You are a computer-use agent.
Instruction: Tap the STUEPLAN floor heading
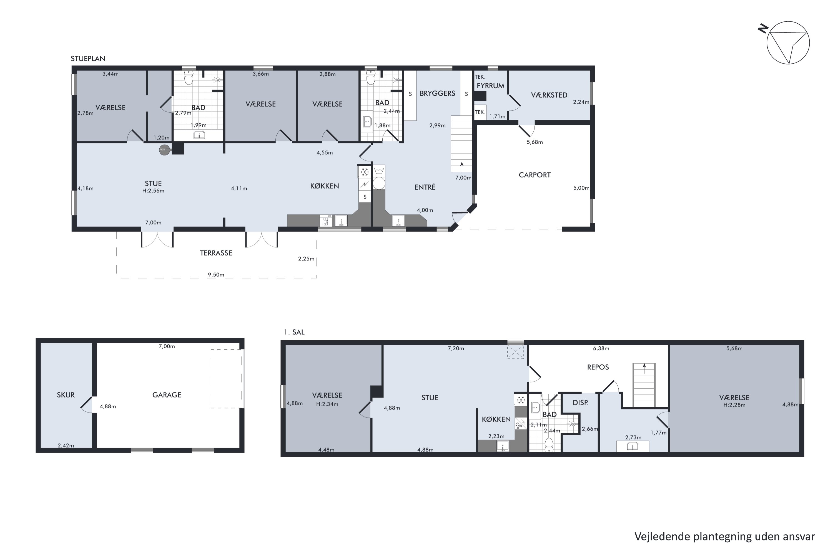pos(88,58)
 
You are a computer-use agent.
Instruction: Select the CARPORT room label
pos(535,175)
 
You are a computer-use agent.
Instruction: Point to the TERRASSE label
pos(216,253)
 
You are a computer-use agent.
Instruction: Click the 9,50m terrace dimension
pos(216,274)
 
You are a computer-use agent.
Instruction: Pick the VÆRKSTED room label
pos(549,95)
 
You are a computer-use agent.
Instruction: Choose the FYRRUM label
pos(491,85)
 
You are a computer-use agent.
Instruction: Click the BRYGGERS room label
pos(437,93)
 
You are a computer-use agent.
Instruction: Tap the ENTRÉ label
pos(425,187)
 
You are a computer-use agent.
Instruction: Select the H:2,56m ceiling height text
pos(153,191)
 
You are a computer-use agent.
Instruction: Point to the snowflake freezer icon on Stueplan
pos(364,172)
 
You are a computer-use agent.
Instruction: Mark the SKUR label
pos(66,395)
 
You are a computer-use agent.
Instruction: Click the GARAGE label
pos(167,395)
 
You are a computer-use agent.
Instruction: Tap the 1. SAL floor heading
pos(294,332)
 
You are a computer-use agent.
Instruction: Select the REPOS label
pos(598,367)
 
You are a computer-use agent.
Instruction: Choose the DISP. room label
pos(581,403)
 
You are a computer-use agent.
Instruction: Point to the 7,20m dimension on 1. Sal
pos(456,348)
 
